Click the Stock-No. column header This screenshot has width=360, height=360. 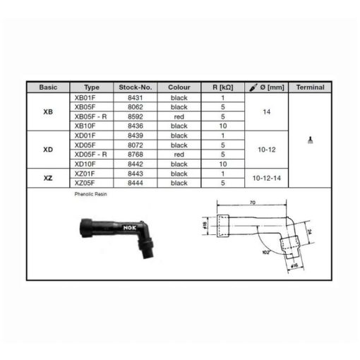point(136,88)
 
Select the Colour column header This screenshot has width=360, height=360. point(179,88)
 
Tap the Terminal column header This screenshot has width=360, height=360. point(310,88)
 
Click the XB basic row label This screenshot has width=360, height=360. point(48,112)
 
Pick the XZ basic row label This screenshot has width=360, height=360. point(48,178)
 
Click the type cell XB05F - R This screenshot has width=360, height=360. point(90,116)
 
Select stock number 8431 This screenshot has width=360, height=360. point(136,97)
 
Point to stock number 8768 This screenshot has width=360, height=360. point(136,155)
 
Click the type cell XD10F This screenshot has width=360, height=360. point(85,164)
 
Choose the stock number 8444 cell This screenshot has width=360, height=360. point(136,183)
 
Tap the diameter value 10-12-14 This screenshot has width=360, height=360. point(267,178)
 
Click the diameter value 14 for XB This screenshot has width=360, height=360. point(267,112)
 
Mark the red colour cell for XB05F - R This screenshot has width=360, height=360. point(179,116)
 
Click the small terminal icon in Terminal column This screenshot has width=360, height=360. point(311,140)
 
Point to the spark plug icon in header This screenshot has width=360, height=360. point(253,88)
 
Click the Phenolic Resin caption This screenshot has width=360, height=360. point(90,194)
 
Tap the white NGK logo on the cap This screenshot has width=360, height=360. point(130,228)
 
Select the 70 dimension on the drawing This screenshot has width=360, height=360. point(253,203)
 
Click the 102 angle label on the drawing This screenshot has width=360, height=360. point(265,253)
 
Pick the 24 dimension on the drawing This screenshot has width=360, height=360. point(309,232)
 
